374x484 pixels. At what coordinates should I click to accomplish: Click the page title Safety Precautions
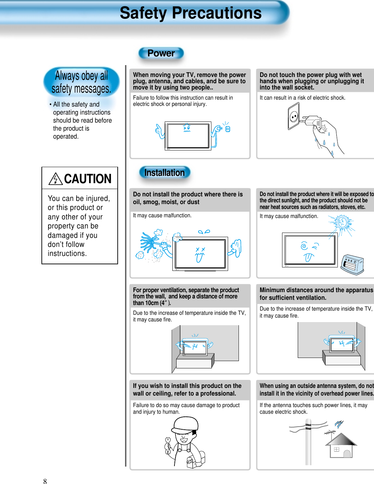[190, 13]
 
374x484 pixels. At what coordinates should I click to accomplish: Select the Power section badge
[161, 53]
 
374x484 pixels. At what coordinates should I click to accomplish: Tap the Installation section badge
[164, 173]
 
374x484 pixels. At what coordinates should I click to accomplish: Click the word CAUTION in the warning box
[88, 179]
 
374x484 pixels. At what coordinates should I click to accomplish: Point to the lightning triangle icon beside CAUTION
[55, 179]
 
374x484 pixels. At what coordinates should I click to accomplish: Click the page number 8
[45, 481]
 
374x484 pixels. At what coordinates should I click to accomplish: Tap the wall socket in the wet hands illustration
[294, 117]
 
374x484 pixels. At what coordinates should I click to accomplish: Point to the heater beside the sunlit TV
[352, 264]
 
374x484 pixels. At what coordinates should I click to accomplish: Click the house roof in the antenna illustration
[341, 439]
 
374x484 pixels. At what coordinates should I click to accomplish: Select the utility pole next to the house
[308, 442]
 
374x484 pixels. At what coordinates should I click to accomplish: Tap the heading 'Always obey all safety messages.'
[81, 82]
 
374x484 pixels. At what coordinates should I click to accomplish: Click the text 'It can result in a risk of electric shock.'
[302, 98]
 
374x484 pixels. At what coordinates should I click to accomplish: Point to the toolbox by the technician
[193, 462]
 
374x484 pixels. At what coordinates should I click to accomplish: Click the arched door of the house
[347, 454]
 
